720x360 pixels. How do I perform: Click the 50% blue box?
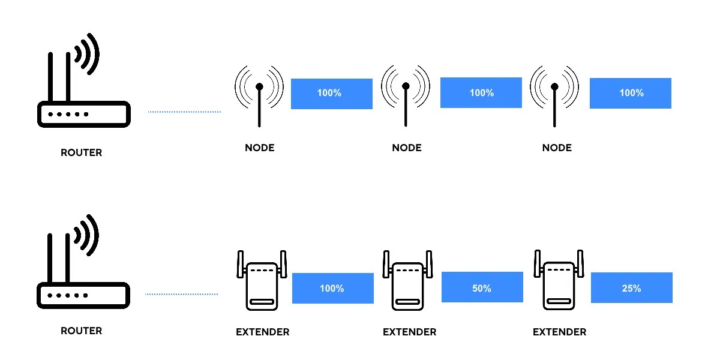point(482,288)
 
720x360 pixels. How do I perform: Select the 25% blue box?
point(631,288)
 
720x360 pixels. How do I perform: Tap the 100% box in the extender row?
point(332,288)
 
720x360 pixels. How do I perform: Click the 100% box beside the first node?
point(331,94)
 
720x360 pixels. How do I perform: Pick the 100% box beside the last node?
point(630,93)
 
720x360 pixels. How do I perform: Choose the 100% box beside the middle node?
point(481,92)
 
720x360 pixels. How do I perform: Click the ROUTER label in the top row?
point(82,152)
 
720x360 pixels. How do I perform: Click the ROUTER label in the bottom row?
point(82,331)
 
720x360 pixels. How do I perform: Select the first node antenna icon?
point(259,96)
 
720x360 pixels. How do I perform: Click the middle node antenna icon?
point(406,96)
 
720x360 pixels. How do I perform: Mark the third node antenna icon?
point(554,96)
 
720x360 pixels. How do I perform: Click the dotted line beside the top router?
point(184,112)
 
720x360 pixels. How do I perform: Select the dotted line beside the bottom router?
point(181,294)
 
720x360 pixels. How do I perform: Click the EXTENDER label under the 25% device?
point(559,332)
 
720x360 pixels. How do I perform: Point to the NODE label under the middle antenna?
point(407,148)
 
